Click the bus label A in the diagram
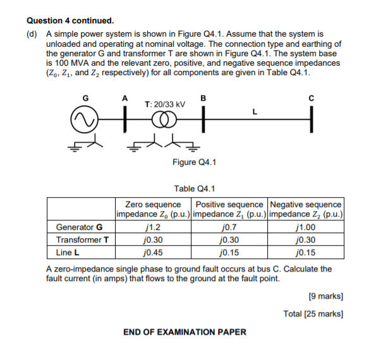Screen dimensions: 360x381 pos(125,98)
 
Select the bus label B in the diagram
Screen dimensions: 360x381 pos(202,98)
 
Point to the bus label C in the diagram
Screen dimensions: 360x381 pos(311,98)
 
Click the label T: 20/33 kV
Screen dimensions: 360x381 pos(165,104)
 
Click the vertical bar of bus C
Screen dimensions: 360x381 pos(311,121)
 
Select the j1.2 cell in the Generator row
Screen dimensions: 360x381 pos(153,227)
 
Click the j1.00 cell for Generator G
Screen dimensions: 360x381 pos(306,227)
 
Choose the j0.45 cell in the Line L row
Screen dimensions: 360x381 pos(153,251)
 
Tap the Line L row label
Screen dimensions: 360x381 pos(67,251)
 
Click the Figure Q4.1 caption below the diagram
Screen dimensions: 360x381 pos(194,162)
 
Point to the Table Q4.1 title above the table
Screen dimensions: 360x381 pos(194,188)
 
